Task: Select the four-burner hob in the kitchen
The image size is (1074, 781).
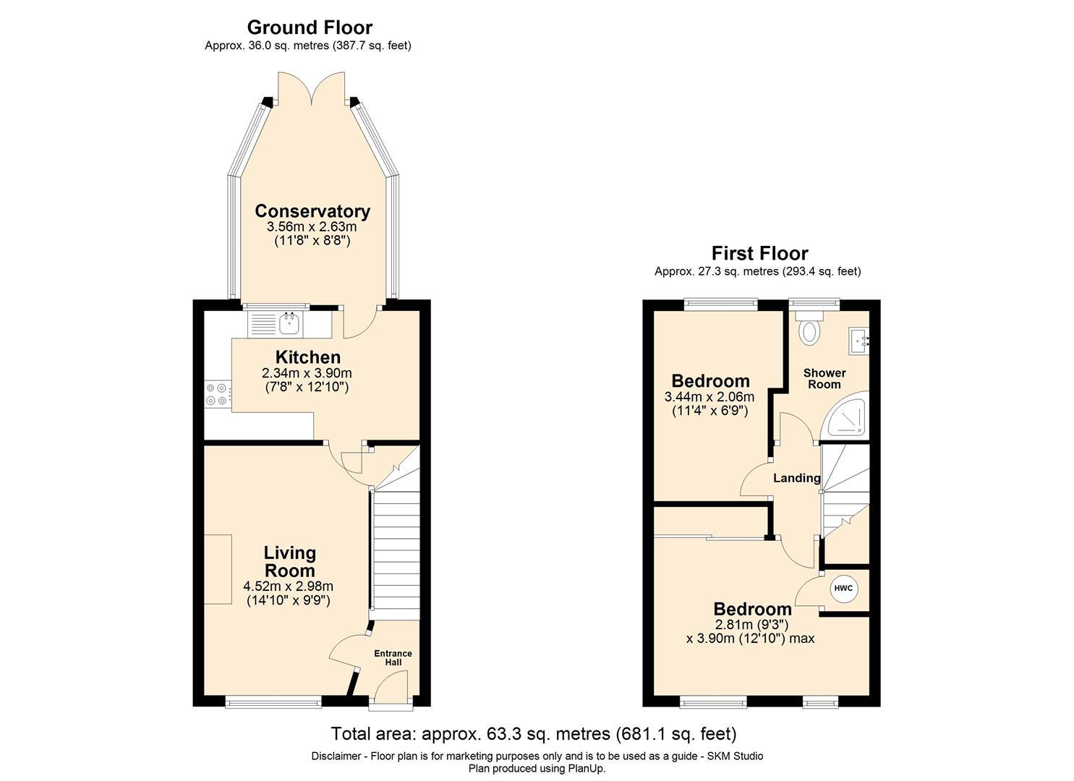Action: [218, 394]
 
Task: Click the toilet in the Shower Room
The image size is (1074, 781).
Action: [810, 328]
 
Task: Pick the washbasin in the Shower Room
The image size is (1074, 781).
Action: [858, 341]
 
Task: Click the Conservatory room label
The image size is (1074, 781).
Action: [312, 211]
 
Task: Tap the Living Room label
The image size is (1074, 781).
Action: [289, 561]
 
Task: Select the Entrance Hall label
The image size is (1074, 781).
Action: [393, 658]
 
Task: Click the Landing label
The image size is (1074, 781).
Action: [797, 477]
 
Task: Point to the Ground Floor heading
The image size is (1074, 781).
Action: [310, 27]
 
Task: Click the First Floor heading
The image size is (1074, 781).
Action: [760, 252]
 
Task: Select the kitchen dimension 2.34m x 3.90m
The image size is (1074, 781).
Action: [307, 372]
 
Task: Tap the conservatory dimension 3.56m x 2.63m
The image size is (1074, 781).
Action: [312, 226]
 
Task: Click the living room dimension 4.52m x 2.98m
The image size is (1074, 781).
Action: [289, 586]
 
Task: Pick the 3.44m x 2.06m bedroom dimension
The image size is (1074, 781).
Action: [709, 396]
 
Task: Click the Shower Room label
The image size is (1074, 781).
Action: [824, 378]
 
